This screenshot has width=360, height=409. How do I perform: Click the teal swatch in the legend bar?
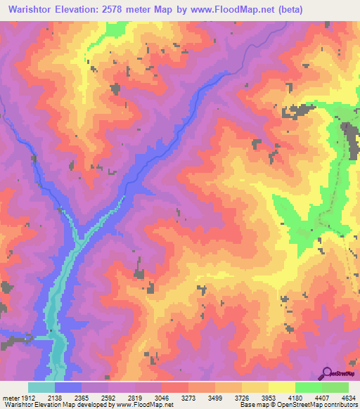[x=41, y=388]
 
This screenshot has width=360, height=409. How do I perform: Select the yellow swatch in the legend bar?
[x=281, y=388]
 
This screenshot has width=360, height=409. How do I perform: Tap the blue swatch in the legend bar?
[x=68, y=388]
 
